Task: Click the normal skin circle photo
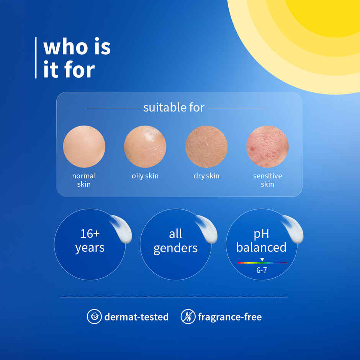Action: point(84,147)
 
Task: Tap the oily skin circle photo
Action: point(145,147)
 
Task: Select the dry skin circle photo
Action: point(206,147)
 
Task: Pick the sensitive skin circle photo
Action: point(268,147)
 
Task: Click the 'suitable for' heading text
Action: point(174,108)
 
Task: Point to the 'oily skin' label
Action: point(145,176)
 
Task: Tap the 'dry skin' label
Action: point(206,176)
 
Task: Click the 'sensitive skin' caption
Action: point(267,180)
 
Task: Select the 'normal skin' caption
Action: point(84,180)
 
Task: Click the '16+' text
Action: point(90,234)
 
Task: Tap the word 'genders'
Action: point(175,248)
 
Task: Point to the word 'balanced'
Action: point(261,247)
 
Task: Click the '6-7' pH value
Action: point(262,270)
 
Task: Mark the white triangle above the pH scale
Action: point(262,260)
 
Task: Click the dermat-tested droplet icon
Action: point(94,317)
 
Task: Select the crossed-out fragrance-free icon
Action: point(188,317)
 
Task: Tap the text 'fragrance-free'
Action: point(230,317)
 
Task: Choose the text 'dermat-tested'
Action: point(136,317)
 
